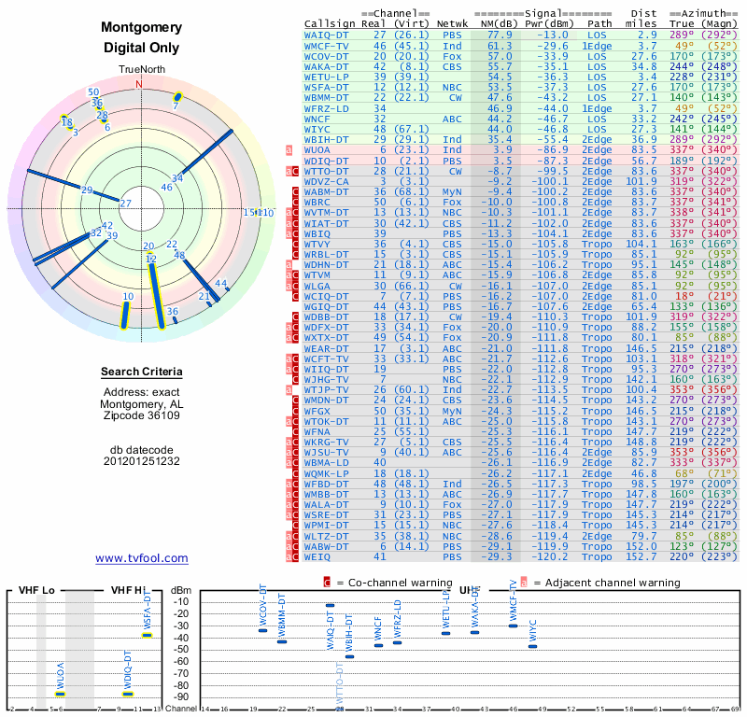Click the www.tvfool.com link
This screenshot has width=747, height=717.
(x=142, y=558)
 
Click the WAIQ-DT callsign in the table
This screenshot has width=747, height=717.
(x=327, y=34)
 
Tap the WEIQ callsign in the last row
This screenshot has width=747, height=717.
(x=318, y=555)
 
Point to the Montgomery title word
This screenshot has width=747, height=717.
(x=142, y=28)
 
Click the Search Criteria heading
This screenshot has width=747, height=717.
(x=142, y=373)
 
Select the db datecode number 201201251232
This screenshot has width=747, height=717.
(x=142, y=461)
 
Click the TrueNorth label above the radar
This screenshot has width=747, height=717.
(x=141, y=71)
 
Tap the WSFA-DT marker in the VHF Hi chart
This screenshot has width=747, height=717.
(x=147, y=635)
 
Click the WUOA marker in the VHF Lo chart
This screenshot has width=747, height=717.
(x=60, y=693)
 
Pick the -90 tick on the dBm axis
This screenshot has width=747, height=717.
(x=180, y=696)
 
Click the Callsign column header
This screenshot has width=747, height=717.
(x=327, y=23)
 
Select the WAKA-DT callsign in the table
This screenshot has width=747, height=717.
(x=327, y=67)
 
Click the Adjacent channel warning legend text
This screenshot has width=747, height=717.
(x=606, y=583)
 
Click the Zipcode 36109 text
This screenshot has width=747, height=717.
(x=142, y=415)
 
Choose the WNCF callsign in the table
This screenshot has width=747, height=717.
(x=318, y=119)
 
